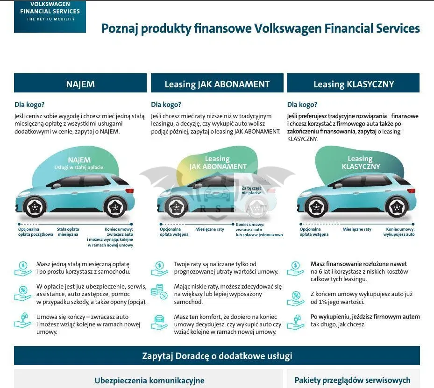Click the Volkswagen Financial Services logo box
(x=50, y=16)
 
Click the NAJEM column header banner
(x=80, y=83)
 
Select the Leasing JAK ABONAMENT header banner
(x=217, y=83)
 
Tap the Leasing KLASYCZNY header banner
(x=353, y=83)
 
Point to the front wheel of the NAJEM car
(x=35, y=206)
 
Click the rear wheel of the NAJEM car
(x=115, y=206)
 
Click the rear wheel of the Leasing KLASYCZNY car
(x=397, y=207)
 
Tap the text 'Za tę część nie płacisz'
(x=251, y=190)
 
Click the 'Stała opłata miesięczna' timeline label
(x=68, y=232)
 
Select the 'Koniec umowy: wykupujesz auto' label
(x=399, y=232)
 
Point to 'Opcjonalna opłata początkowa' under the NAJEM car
(x=36, y=232)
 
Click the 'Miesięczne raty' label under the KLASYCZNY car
(x=357, y=229)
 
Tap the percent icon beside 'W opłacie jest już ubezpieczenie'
(x=23, y=293)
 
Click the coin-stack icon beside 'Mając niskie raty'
(x=159, y=291)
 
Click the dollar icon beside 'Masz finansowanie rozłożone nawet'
(x=296, y=269)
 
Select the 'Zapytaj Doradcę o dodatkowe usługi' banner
(x=217, y=356)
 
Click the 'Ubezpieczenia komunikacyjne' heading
(x=149, y=381)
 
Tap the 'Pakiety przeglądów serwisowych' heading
(x=352, y=380)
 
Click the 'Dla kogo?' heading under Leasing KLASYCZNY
(x=302, y=105)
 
